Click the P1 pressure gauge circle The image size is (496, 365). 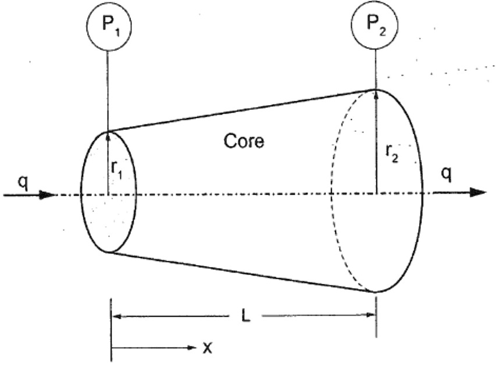pos(108,26)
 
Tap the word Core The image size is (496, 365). pos(244,141)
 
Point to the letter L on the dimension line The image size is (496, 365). pos(244,318)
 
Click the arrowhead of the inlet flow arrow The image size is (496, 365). pos(48,194)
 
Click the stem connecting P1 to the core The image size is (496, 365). pos(108,87)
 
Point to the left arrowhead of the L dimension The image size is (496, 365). pos(116,317)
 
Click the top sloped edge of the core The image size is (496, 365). pos(241,110)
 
